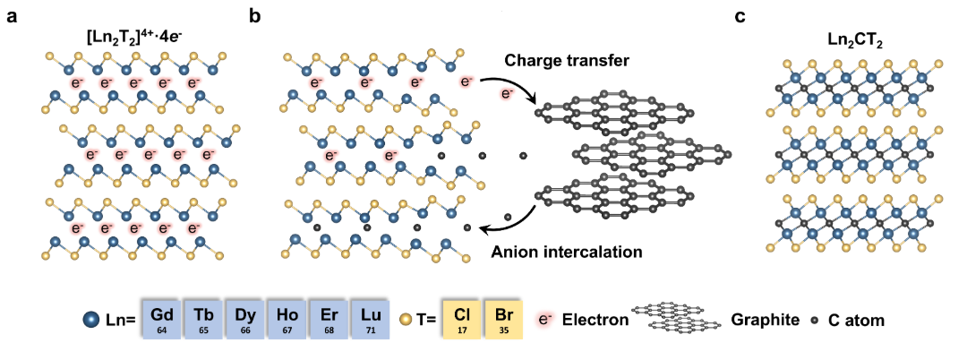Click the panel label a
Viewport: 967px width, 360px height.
12,17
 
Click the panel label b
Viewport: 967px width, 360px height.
255,16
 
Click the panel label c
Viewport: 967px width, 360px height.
740,17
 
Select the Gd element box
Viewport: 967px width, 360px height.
162,320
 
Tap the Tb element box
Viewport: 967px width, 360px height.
204,320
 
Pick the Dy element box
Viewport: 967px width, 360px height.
245,320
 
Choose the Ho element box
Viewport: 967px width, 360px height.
287,320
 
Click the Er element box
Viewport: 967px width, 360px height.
329,320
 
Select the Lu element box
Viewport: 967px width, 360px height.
371,320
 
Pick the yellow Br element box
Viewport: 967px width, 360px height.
504,320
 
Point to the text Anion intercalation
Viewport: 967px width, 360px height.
567,253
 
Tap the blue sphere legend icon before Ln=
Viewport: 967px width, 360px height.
92,320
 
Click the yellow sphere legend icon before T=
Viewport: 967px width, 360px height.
406,320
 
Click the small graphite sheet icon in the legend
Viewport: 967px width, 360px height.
677,317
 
